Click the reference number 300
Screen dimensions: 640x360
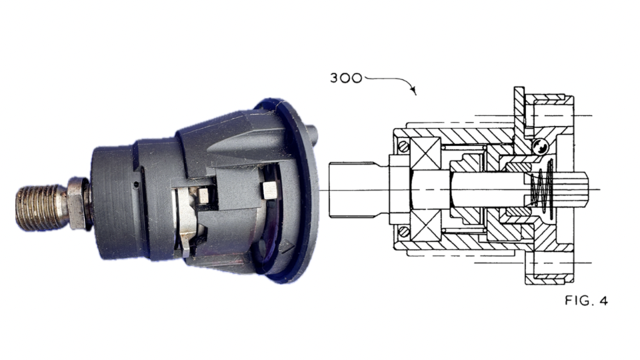346,78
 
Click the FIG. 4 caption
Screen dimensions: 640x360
586,301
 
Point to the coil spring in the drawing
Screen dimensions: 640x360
542,188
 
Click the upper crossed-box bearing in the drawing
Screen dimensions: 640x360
426,153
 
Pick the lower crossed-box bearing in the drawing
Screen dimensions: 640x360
426,226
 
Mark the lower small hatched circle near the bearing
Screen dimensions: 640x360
403,232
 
